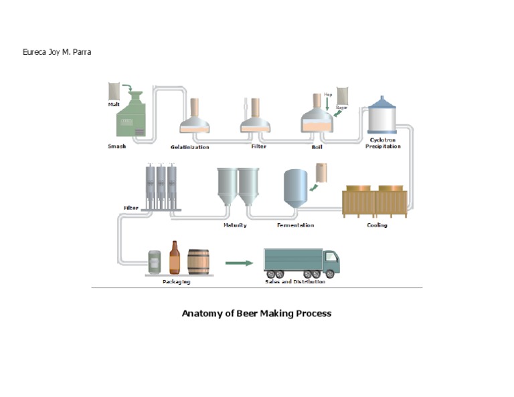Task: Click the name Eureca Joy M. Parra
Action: tap(57, 52)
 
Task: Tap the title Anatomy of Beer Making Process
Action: tap(256, 313)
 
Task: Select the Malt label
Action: tap(114, 104)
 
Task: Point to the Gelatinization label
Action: tap(189, 147)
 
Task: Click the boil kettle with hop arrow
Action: tap(317, 118)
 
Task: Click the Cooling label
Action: tap(377, 225)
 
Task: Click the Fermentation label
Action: tap(295, 225)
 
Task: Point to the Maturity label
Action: tap(235, 225)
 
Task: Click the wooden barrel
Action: tap(198, 262)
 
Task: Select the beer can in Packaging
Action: tap(155, 261)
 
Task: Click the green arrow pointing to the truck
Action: tap(239, 263)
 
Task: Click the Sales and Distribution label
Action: tap(295, 282)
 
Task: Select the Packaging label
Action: tap(176, 282)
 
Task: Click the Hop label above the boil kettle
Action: tap(328, 95)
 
